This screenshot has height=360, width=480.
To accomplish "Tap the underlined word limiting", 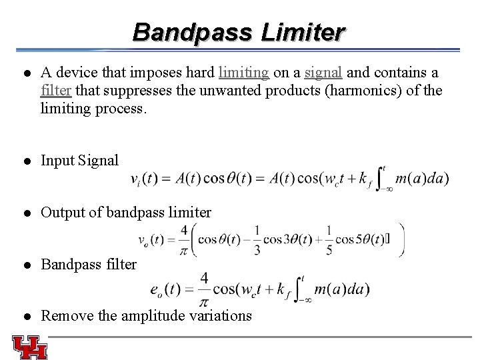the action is coord(244,72).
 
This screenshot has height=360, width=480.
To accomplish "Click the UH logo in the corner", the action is coord(29,347).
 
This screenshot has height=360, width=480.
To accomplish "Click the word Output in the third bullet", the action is coord(61,213).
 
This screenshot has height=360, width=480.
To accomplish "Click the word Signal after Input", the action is coord(99,161).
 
